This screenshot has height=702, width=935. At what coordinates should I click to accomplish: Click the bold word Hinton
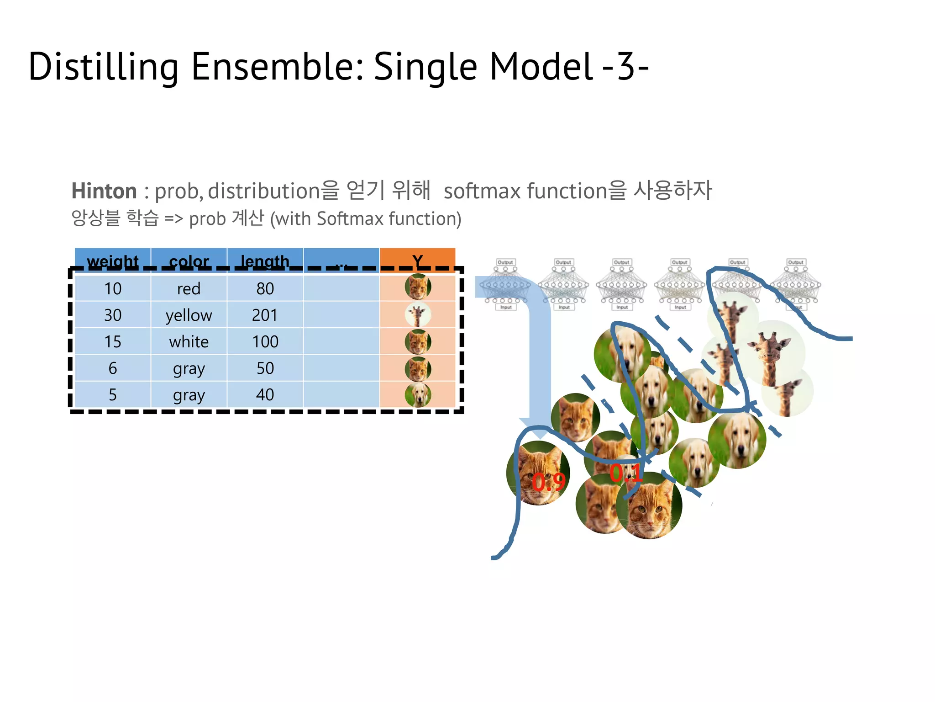pos(104,191)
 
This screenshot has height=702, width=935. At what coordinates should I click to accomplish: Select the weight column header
pos(113,261)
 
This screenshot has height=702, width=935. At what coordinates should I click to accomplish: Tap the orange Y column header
pos(417,260)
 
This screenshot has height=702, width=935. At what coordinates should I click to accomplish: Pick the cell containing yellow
pos(189,315)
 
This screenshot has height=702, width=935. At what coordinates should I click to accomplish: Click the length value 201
pos(265,315)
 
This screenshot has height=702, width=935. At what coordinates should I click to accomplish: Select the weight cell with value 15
pos(113,341)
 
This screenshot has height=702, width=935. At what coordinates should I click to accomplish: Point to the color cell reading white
pos(189,341)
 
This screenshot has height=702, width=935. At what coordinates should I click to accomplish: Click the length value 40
pos(265,394)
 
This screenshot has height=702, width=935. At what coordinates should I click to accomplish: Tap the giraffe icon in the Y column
pos(417,314)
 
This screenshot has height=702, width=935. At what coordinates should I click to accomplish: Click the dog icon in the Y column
pos(417,394)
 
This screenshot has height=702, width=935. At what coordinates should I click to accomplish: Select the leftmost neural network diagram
pos(505,285)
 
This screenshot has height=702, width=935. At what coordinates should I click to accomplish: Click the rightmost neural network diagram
pos(796,285)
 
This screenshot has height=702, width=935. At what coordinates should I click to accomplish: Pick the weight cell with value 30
pos(113,315)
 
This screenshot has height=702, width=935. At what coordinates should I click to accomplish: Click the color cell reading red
pos(189,288)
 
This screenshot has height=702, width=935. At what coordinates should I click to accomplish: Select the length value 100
pos(265,341)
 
